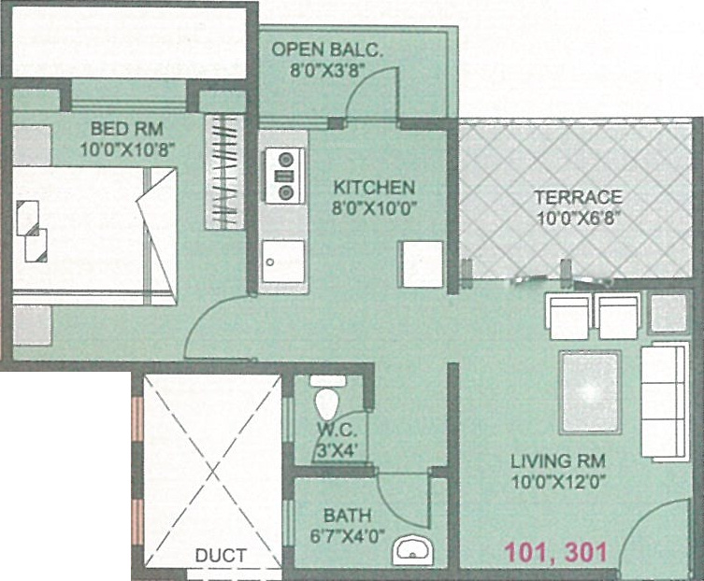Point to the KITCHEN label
coord(374,187)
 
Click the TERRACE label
coord(577,197)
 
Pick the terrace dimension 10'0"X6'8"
coord(577,217)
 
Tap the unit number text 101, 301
coord(556,551)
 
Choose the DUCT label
coord(221,556)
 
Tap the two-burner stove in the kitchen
coord(284,176)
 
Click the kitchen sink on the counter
coord(283,259)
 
